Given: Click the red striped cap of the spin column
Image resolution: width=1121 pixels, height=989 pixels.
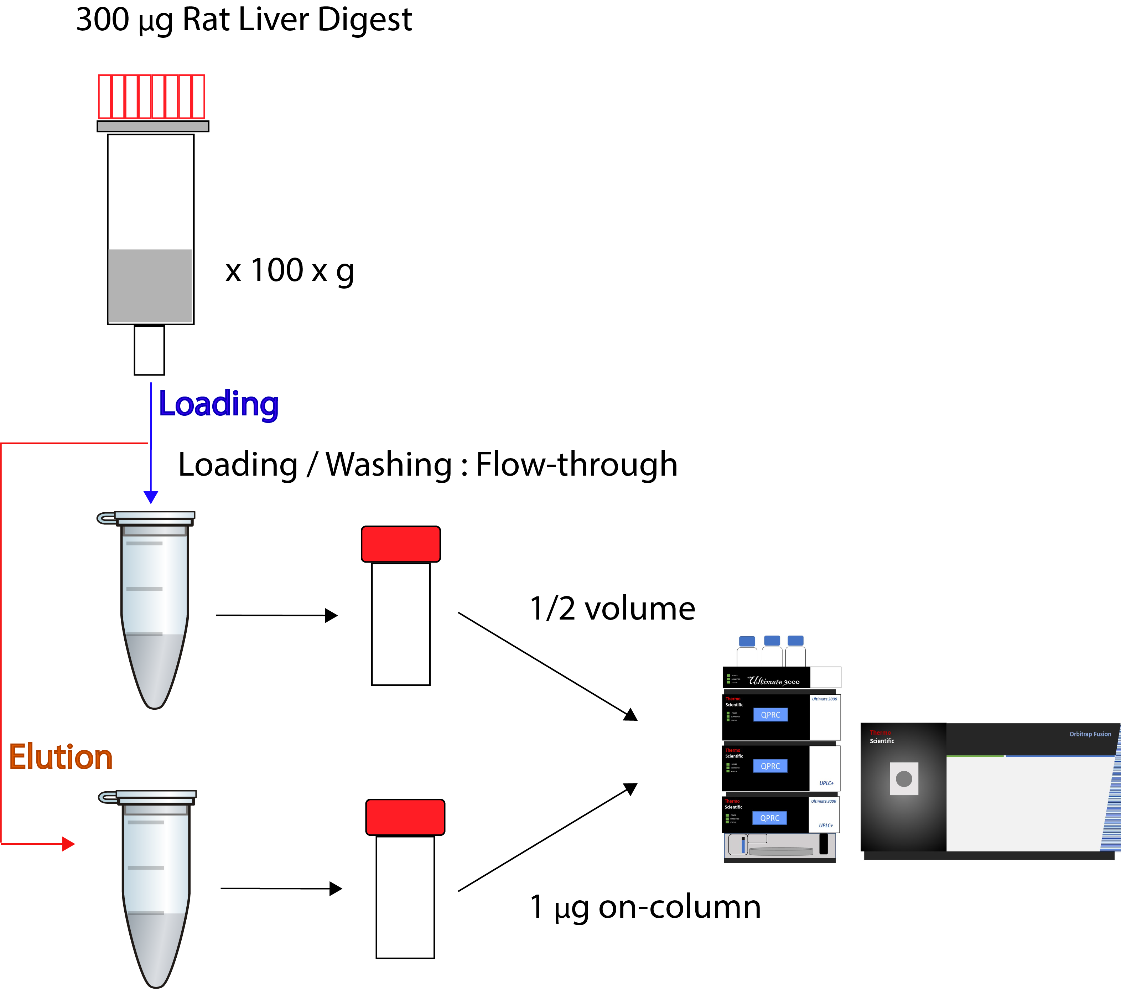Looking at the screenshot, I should coord(151,97).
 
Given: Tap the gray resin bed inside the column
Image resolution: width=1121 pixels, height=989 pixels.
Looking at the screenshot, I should coord(150,285).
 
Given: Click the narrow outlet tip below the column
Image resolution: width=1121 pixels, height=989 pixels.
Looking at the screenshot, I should coord(149,350).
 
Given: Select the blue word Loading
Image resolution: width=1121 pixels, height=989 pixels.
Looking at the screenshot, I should coord(218,404).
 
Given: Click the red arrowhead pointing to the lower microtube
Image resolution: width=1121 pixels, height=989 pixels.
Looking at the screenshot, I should coord(68,844).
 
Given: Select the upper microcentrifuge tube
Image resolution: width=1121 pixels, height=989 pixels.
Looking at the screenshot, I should coord(154,609).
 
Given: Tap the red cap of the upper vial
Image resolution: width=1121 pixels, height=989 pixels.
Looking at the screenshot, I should coord(400,544).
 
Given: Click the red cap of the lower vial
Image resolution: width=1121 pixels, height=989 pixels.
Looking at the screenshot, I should coord(405,817).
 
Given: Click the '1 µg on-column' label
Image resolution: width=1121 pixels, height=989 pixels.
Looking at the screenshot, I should coord(645,907).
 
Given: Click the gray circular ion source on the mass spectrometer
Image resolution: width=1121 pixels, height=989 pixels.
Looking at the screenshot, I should coord(904,778).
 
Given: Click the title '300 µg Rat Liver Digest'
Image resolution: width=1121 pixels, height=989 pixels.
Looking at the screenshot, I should coord(244,20).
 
